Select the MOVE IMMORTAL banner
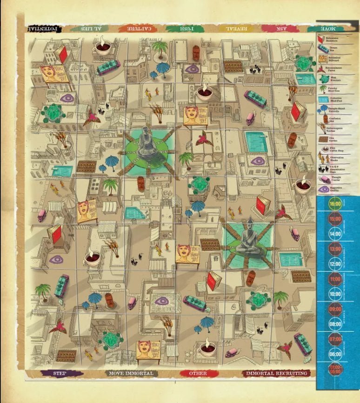coord(133,373)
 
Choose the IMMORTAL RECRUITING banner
coord(276,373)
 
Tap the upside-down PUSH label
coord(185,28)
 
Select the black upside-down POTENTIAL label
coord(44,28)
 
